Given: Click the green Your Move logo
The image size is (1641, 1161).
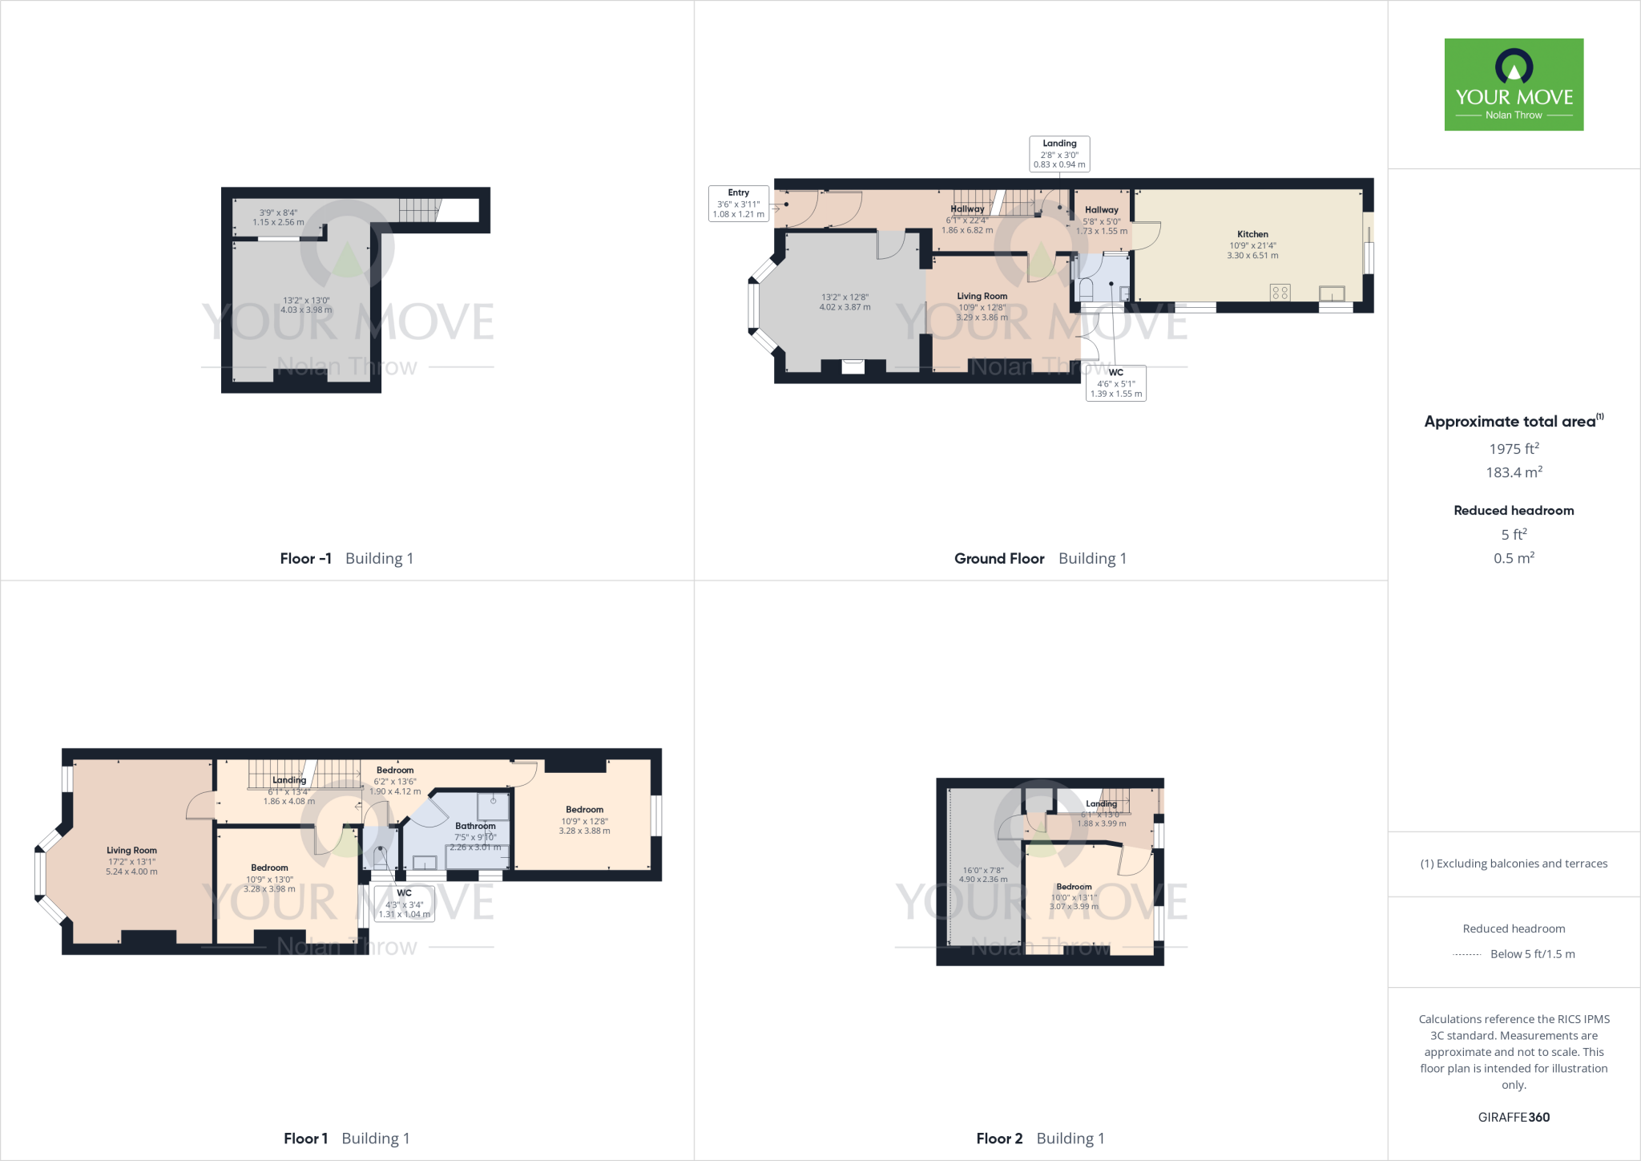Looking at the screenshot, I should [1514, 84].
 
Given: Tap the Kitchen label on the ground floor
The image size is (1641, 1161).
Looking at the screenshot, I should [1252, 234].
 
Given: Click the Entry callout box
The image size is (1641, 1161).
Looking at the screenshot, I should [738, 204].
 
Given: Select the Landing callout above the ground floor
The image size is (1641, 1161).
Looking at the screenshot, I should [1059, 153].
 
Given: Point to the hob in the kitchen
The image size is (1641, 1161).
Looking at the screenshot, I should [1280, 293].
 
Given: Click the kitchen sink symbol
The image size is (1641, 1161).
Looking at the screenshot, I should [1332, 294].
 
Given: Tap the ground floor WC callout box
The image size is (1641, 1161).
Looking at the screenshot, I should [1116, 383].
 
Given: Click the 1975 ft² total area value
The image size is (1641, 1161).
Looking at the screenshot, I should [1514, 449].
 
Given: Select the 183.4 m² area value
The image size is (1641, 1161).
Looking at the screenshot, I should [1514, 472].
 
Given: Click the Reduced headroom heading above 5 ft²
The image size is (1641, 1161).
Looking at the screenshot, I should [1514, 510].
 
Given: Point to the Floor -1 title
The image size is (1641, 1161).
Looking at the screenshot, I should [305, 559].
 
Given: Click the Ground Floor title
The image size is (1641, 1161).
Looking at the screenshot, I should [999, 559].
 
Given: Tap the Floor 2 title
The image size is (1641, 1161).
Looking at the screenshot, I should [999, 1139].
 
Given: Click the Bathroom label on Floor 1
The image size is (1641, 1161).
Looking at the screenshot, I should [475, 826].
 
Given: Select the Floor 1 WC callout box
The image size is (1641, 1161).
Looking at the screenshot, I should [405, 904].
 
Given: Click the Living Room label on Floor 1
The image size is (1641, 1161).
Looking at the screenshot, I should [131, 851].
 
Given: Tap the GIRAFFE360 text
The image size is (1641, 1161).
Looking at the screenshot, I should [1514, 1117].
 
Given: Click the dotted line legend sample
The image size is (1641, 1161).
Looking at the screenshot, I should [1467, 954].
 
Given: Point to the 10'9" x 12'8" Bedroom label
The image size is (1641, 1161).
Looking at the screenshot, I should [584, 810].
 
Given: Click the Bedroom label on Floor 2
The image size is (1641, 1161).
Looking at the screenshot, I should [1074, 887].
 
